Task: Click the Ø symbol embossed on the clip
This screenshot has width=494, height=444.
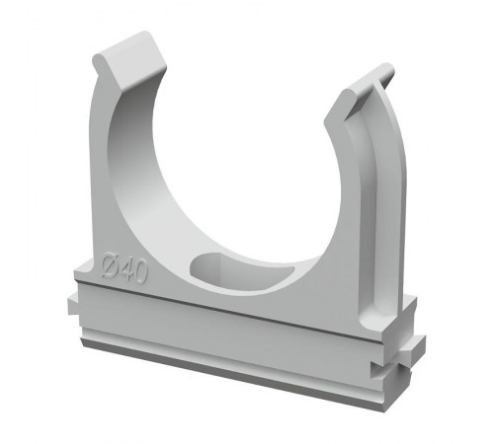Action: pos(111,265)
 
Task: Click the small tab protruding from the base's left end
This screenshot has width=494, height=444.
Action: pos(73,306)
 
